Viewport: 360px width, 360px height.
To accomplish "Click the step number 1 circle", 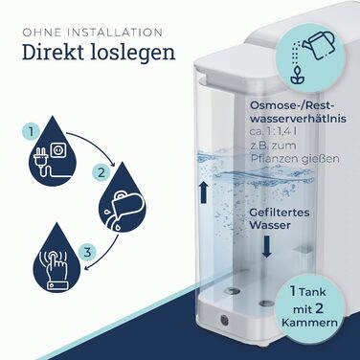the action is coord(31,131).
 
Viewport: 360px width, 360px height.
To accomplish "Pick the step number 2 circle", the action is coord(101,173).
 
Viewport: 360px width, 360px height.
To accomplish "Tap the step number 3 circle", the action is coord(87,252).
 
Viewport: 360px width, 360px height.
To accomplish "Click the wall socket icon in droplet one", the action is coord(58,149).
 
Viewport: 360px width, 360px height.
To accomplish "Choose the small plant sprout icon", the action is coord(297,76).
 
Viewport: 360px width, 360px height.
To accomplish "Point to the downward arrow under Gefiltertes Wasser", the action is coord(267,246).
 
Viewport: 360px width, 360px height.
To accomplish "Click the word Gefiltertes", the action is coord(280,213).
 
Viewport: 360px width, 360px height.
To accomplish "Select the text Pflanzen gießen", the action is coord(295,158).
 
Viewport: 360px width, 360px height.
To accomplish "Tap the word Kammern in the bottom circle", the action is coord(309,322).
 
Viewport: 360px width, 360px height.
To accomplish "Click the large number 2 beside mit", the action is coord(319,308).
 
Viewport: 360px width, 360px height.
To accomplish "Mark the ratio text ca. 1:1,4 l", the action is coord(274,131).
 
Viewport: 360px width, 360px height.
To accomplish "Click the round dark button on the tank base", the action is coord(224,320).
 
